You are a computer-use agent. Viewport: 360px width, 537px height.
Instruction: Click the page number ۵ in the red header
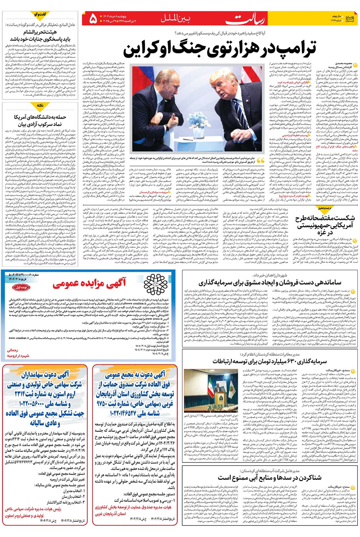[93, 18]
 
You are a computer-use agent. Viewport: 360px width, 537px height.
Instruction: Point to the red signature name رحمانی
[12, 350]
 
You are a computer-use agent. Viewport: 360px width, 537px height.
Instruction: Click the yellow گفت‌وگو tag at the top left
[40, 14]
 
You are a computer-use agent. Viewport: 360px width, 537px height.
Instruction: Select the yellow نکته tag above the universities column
[40, 105]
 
